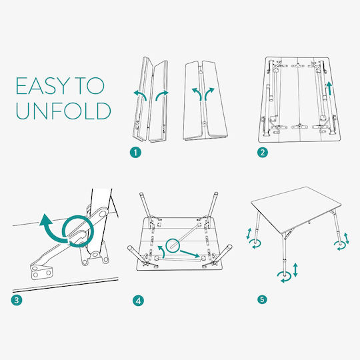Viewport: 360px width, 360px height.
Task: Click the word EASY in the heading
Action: (x=43, y=86)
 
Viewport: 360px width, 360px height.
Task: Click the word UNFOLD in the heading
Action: (x=63, y=111)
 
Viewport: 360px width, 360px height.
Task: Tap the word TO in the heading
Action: (x=90, y=86)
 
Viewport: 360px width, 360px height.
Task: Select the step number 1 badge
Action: (x=135, y=153)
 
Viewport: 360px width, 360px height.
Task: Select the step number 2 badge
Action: (x=263, y=153)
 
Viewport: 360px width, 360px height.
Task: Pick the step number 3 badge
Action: (x=17, y=300)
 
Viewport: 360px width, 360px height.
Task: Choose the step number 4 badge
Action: (x=138, y=301)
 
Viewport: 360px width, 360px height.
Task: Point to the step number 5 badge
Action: (x=262, y=299)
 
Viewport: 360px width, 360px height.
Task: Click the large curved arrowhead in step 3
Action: (x=46, y=220)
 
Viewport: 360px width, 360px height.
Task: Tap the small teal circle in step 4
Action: (x=173, y=246)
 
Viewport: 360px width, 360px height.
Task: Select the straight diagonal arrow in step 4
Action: (x=189, y=254)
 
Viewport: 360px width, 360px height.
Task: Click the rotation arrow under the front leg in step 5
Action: (x=284, y=277)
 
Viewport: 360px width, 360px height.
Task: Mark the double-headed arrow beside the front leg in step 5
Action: (x=295, y=269)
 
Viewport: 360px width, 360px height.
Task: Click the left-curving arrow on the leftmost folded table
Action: (x=141, y=95)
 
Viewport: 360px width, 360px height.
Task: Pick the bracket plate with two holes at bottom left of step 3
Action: (x=41, y=272)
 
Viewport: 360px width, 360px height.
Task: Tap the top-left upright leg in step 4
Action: (x=146, y=206)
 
